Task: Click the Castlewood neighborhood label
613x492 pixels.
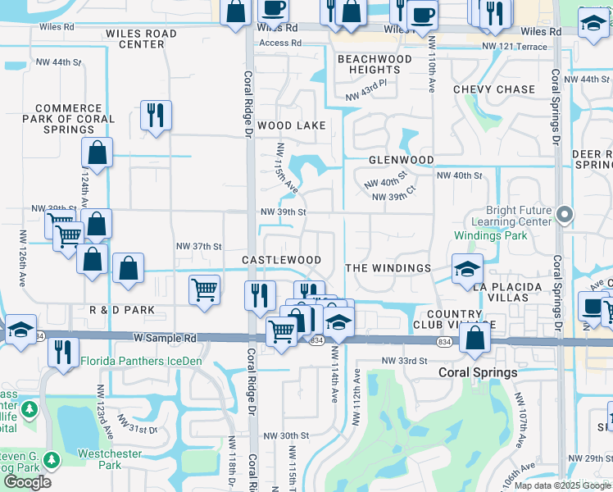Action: [x=281, y=260]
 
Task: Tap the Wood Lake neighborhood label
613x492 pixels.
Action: [x=291, y=125]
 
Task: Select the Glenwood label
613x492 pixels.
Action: [x=401, y=160]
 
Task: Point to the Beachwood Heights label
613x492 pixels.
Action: [x=375, y=65]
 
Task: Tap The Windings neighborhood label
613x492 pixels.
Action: [x=388, y=268]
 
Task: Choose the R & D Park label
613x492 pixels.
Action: [x=122, y=311]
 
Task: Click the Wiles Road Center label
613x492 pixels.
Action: [x=141, y=39]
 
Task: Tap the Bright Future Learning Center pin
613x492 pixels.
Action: [x=564, y=215]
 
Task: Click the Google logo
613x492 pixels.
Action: [x=27, y=481]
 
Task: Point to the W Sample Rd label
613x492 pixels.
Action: [x=166, y=337]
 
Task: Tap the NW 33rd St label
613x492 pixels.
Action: [x=405, y=361]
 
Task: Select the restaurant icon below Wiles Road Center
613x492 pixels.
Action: [x=155, y=116]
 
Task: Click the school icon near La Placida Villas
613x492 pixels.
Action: [x=466, y=268]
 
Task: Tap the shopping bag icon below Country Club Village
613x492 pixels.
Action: [x=475, y=338]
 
